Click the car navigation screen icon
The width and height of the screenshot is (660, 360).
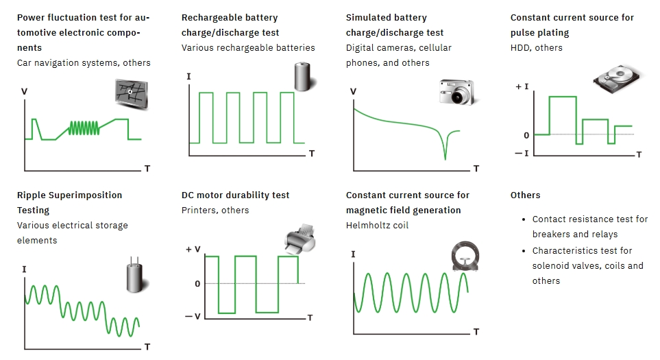click(132, 93)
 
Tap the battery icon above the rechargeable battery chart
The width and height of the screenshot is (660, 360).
click(303, 77)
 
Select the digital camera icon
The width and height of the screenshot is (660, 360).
click(457, 92)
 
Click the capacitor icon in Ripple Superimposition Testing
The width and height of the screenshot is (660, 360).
click(135, 275)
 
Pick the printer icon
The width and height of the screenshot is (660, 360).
click(300, 239)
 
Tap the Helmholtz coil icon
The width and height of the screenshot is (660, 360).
click(465, 256)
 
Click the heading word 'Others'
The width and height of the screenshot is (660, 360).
click(525, 195)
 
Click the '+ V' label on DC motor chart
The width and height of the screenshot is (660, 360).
click(193, 250)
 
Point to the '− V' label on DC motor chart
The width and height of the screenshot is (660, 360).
click(193, 316)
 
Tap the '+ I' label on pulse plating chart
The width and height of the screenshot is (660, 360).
click(522, 86)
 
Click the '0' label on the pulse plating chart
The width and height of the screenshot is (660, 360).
click(526, 135)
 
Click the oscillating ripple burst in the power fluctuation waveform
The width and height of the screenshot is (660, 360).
click(84, 128)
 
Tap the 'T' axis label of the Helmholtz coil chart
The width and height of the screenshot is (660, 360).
click(476, 332)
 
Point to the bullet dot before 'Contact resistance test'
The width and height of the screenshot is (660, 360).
click(523, 219)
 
